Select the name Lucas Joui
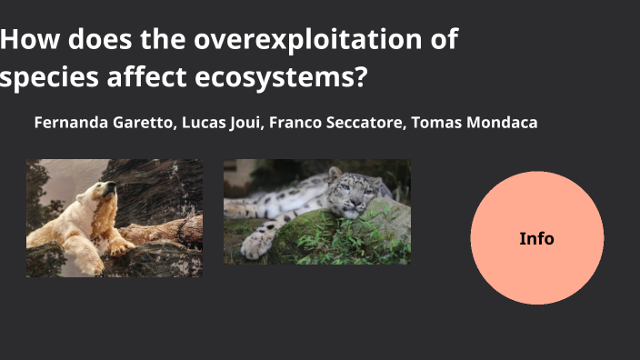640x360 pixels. [x=222, y=122]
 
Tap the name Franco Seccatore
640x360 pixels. [x=338, y=122]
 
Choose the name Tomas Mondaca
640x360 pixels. [x=475, y=122]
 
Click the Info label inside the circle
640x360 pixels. [x=536, y=238]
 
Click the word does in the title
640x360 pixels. [x=97, y=40]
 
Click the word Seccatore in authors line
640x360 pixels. [x=363, y=122]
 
